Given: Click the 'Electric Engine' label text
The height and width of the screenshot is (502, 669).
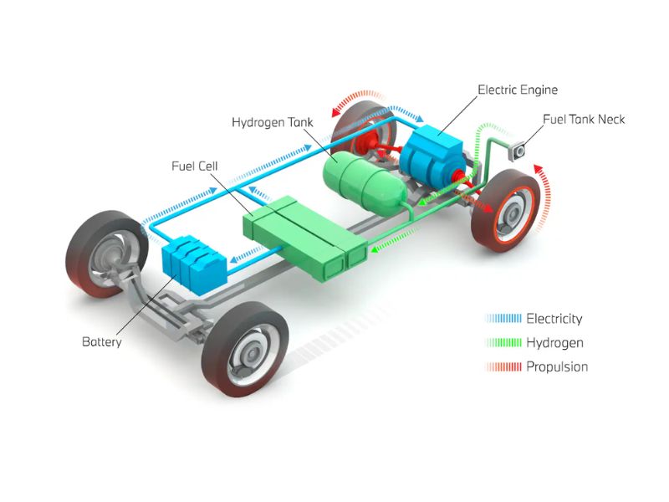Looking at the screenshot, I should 517,89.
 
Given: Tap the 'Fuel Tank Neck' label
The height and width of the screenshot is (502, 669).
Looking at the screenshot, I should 584,120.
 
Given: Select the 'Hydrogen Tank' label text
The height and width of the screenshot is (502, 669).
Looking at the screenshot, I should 272,122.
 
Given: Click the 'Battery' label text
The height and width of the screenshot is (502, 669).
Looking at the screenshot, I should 102,342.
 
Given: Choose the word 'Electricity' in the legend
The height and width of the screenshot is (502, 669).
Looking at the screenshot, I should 554,318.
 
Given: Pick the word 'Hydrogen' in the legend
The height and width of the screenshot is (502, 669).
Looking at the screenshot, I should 554,342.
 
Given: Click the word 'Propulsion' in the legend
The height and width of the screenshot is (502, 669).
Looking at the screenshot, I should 557,366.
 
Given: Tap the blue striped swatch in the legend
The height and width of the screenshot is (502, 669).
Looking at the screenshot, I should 503,318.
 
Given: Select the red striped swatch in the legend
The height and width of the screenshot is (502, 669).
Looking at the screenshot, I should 503,366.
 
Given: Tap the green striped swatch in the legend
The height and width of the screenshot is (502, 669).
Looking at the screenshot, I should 503,342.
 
